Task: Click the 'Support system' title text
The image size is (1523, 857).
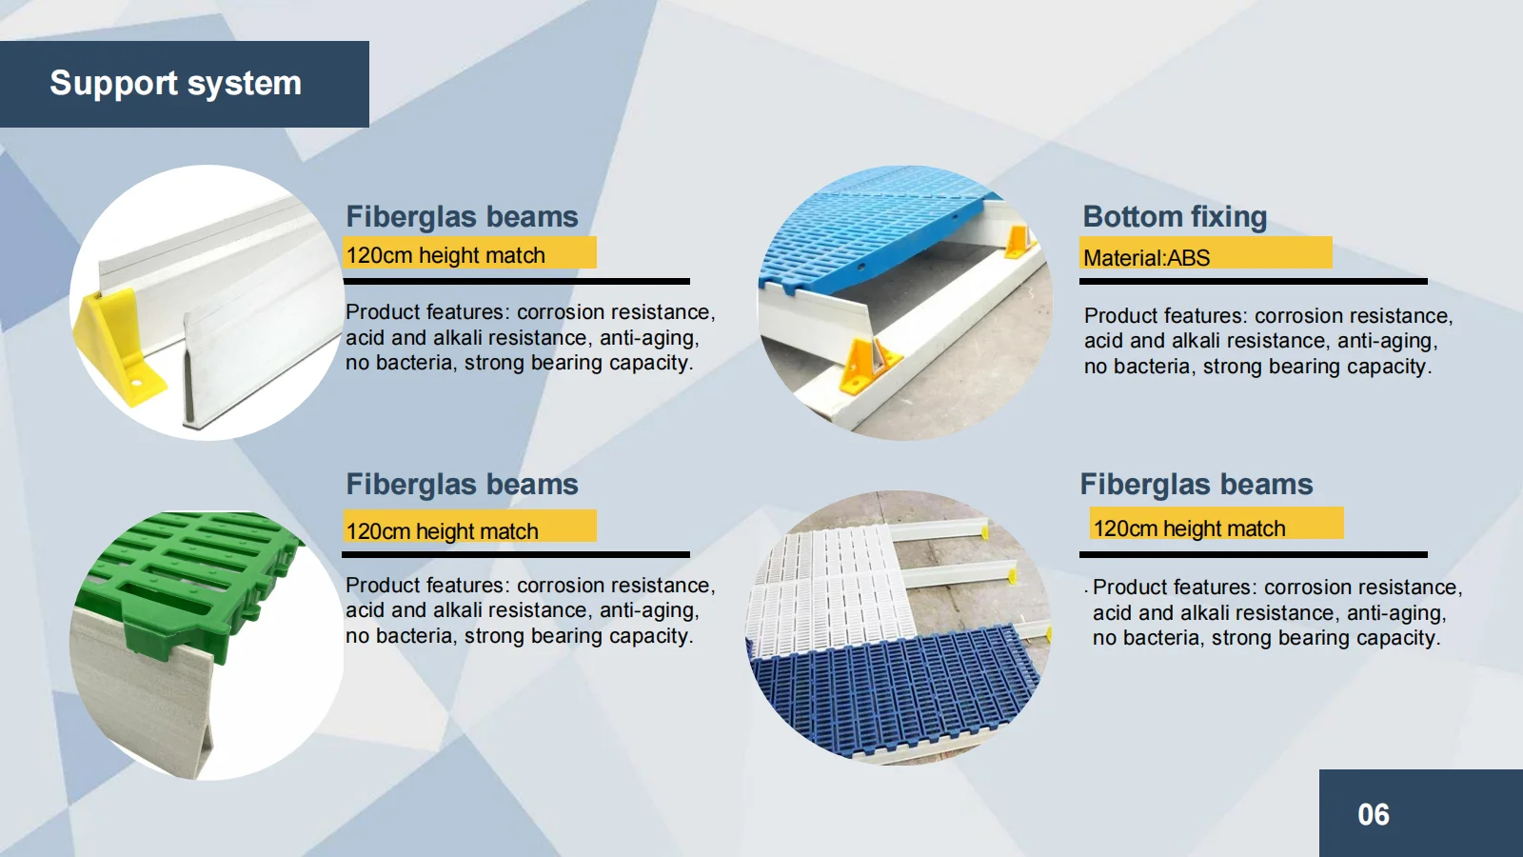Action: tap(175, 84)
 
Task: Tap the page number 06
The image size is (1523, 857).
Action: tap(1373, 815)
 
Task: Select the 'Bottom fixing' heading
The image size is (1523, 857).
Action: tap(1175, 217)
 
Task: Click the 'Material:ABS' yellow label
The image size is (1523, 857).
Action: tap(1147, 257)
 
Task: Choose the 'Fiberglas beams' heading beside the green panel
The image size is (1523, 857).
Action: tap(462, 485)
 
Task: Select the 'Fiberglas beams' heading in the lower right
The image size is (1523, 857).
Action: tap(1197, 485)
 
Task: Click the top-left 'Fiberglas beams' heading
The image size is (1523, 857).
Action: tap(462, 217)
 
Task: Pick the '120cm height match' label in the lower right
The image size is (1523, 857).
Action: tap(1189, 528)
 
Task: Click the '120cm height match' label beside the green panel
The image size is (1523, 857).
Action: tap(443, 530)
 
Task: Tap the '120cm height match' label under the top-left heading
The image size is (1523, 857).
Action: tap(445, 255)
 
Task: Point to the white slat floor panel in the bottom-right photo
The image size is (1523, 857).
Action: tap(823, 590)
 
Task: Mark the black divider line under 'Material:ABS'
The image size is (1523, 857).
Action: tap(1253, 282)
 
